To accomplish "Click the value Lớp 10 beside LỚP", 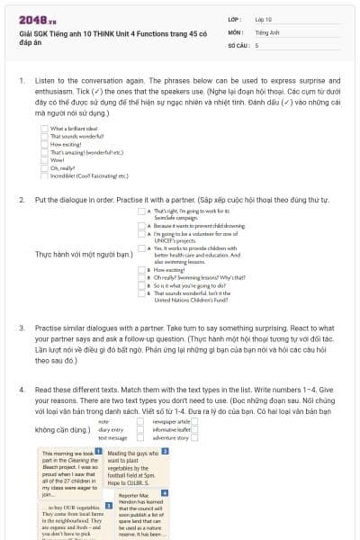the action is click(x=264, y=19).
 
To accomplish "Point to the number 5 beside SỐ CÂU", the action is click(x=257, y=44).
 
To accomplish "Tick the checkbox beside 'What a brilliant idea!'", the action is click(x=44, y=128).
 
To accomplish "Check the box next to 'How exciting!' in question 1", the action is click(x=44, y=144).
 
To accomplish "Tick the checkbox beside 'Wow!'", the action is click(x=44, y=159).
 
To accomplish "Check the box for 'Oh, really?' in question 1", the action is click(x=44, y=167).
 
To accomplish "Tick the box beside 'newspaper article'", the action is click(x=193, y=421).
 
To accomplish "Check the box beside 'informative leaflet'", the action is click(x=193, y=429).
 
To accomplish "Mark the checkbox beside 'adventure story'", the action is click(x=193, y=437).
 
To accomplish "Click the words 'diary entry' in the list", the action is click(x=111, y=429).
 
